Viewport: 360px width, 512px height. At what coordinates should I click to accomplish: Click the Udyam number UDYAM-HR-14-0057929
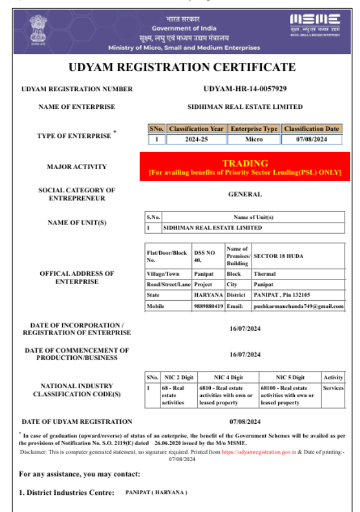[245, 89]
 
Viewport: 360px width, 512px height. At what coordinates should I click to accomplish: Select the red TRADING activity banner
[245, 167]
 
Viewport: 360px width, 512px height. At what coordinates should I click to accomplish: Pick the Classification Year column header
[196, 128]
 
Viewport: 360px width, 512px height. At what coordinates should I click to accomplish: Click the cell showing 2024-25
[196, 140]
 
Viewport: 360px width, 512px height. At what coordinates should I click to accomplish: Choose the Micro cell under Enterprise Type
[254, 140]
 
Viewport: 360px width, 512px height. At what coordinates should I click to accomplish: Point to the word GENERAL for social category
[245, 194]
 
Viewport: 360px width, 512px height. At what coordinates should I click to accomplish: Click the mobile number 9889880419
[208, 307]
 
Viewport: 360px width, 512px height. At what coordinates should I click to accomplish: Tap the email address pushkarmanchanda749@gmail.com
[298, 307]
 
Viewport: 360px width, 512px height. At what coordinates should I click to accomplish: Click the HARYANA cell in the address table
[208, 295]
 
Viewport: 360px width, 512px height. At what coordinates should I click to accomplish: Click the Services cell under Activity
[333, 388]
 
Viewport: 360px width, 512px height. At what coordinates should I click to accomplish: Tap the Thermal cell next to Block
[265, 274]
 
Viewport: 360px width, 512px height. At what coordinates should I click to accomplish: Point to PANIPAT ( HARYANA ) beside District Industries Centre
[156, 492]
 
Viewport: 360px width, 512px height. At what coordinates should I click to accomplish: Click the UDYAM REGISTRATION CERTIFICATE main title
[182, 67]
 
